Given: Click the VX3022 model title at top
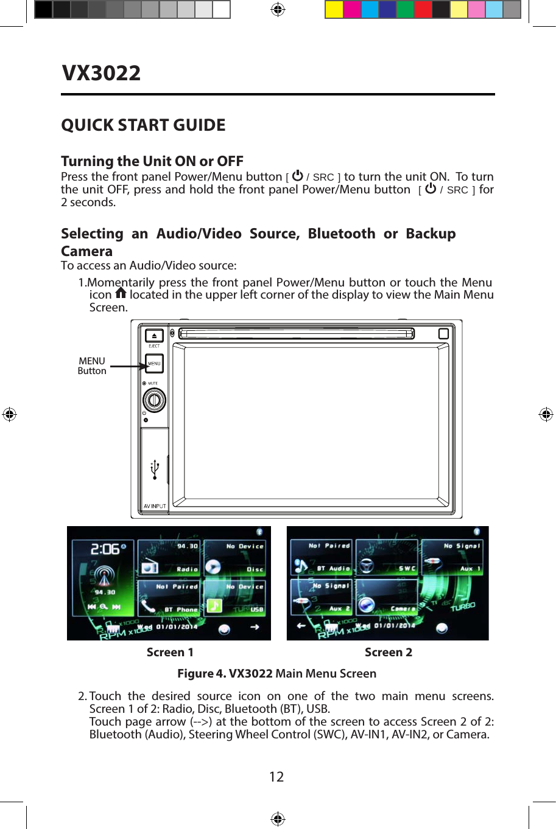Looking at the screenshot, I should click(101, 73).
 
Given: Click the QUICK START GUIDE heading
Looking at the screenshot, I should click(143, 125).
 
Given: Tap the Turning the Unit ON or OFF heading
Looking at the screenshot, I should click(152, 161).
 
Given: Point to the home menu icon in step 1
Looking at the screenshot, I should click(121, 294).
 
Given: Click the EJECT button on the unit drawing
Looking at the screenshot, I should click(154, 336).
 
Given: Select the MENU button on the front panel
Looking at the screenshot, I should click(155, 363).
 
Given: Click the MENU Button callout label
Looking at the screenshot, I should click(92, 366).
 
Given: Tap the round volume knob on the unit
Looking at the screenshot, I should click(154, 400).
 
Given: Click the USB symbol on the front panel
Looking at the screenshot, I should click(155, 470).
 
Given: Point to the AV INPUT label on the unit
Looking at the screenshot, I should click(155, 506).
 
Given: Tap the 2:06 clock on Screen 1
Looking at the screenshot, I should click(105, 549).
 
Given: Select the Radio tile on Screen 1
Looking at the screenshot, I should click(169, 558).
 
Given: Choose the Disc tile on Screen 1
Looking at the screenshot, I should click(235, 558).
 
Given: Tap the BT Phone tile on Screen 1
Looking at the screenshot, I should click(169, 598).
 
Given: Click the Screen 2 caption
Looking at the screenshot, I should click(388, 653).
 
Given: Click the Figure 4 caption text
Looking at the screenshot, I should click(276, 673).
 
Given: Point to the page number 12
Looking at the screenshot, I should click(276, 777).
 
